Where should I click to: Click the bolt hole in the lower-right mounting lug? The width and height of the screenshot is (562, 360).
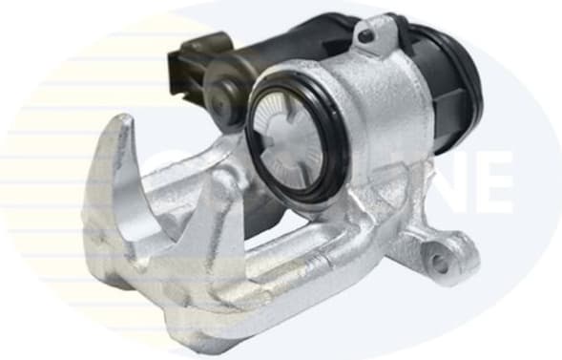click(x=438, y=261)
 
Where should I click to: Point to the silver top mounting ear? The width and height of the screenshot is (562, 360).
click(x=367, y=43)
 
